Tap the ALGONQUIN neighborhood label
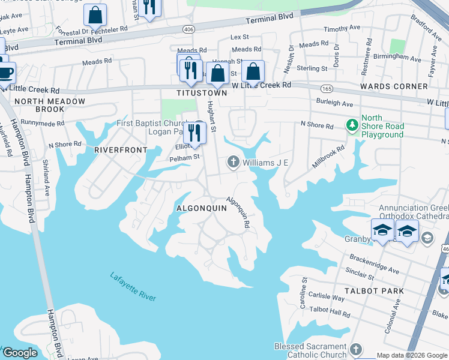pos(201,208)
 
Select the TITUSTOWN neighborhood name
pos(202,94)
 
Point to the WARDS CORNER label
pos(393,86)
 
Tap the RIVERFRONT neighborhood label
pos(121,149)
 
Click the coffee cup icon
pos(6,72)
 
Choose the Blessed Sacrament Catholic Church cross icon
pos(356,349)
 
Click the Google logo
pos(20,353)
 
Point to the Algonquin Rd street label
pos(238,213)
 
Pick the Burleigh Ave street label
pos(334,103)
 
